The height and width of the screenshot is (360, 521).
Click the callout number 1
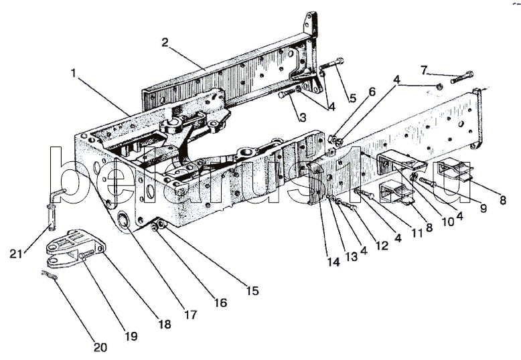(74, 73)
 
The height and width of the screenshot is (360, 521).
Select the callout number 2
(165, 42)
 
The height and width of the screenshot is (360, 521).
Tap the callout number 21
(16, 254)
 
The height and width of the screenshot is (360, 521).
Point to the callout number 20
(100, 347)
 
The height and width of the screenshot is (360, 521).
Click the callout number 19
(131, 336)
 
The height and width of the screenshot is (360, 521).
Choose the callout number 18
(165, 324)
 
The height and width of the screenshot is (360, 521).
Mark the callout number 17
(191, 314)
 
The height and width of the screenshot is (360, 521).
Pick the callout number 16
(221, 302)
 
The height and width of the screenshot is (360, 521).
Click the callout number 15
(252, 291)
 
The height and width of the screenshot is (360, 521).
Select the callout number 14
(333, 262)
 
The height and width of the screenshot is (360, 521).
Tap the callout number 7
(423, 70)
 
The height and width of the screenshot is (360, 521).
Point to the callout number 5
(352, 98)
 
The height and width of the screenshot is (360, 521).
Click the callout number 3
(303, 117)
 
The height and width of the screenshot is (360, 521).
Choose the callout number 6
(372, 91)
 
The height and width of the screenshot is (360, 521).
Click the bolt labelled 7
(462, 78)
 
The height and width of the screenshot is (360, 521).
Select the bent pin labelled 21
(54, 208)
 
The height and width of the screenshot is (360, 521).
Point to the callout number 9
(483, 208)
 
